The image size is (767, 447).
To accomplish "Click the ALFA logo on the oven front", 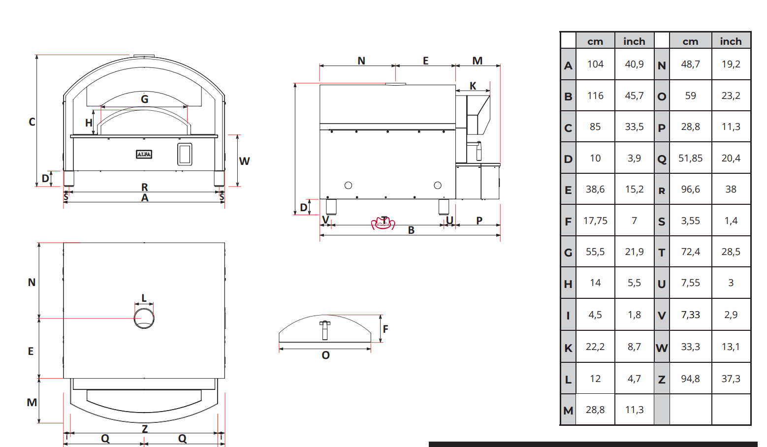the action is [144, 155].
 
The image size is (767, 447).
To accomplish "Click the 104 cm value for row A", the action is [595, 64].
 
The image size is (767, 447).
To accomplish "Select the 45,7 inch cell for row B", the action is [634, 96].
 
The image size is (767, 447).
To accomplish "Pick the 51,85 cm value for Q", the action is [690, 158].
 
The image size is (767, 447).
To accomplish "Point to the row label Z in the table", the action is [662, 380].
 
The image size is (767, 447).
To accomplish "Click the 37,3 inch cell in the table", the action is [731, 379].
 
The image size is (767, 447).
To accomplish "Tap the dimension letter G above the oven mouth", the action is [145, 99].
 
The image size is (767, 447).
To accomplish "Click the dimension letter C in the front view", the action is [32, 122].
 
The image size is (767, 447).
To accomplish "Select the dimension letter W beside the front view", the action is [245, 161].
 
